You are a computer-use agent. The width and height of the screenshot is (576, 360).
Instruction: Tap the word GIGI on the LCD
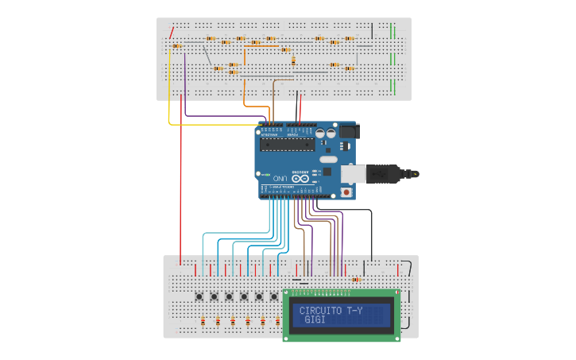[x=315, y=319]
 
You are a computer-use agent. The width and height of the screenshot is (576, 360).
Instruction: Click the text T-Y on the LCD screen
[x=354, y=311]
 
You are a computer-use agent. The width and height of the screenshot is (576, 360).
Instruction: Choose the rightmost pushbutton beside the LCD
[x=274, y=296]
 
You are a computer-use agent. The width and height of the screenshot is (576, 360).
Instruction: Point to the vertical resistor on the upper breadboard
[x=293, y=60]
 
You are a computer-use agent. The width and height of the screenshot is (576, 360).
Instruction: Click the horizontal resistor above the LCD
[x=355, y=280]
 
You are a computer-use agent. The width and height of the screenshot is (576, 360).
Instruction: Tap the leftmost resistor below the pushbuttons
[x=203, y=321]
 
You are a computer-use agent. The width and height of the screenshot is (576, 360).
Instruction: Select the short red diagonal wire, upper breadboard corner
[x=172, y=33]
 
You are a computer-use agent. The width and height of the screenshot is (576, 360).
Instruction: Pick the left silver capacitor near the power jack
[x=320, y=134]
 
